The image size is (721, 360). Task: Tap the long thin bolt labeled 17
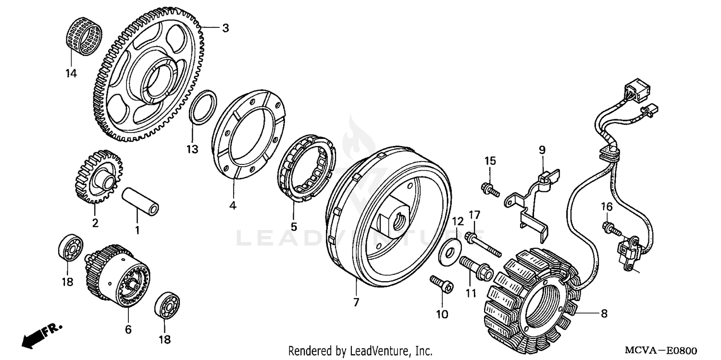click(x=485, y=244)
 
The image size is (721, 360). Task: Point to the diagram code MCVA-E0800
click(x=666, y=351)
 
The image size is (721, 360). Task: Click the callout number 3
click(x=225, y=28)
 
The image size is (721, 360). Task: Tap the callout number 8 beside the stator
click(x=604, y=313)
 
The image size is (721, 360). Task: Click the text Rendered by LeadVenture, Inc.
click(x=360, y=351)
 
